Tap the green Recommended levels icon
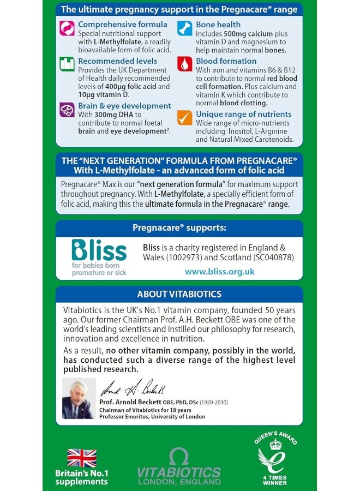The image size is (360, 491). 67,64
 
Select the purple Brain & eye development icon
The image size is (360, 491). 67,109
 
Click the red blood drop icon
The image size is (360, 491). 185,64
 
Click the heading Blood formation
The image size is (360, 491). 226,61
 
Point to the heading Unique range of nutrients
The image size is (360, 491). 243,114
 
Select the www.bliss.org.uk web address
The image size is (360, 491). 219,271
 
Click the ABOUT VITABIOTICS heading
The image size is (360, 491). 179,294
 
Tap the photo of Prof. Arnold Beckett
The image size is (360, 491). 79,398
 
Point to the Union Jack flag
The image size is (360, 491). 81,458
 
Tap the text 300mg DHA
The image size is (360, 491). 110,115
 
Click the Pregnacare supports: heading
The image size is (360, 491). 179,227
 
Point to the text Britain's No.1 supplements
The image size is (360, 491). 81,477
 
